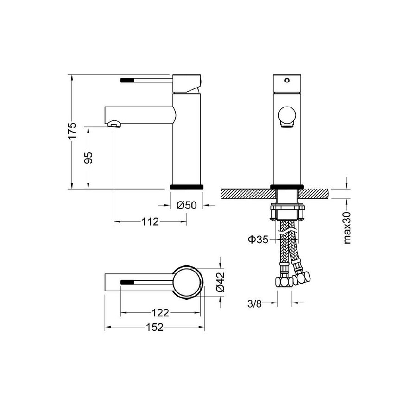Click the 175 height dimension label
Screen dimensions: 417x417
point(71,132)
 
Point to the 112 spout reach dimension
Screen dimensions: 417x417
point(150,222)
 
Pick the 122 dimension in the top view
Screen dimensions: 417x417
point(160,314)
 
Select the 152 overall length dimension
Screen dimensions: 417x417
point(155,328)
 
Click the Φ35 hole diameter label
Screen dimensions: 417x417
point(258,240)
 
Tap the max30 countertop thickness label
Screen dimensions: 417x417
point(347,227)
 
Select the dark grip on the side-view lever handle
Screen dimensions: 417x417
point(127,80)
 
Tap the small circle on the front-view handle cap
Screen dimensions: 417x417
point(287,80)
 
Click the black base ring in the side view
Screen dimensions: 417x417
point(187,186)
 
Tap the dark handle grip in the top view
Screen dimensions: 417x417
point(128,281)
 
